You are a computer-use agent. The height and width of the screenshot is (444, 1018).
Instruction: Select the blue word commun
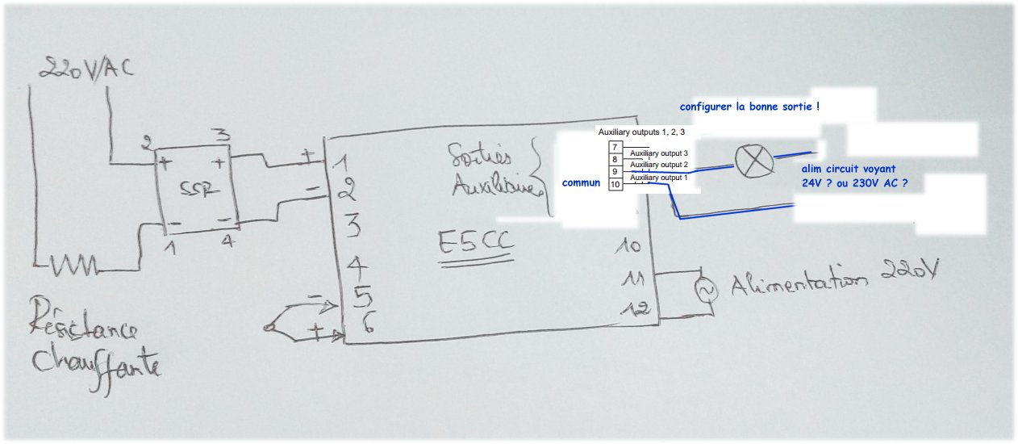pyautogui.click(x=582, y=183)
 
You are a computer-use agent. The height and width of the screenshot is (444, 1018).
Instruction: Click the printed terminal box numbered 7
pyautogui.click(x=615, y=147)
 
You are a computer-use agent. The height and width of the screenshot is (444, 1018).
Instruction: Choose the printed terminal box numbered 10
pyautogui.click(x=615, y=185)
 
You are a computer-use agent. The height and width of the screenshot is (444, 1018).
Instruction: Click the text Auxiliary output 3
pyautogui.click(x=659, y=153)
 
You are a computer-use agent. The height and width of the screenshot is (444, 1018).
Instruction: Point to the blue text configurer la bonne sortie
pyautogui.click(x=749, y=106)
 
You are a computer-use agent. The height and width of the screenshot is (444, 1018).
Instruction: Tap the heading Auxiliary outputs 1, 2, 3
pyautogui.click(x=641, y=131)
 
